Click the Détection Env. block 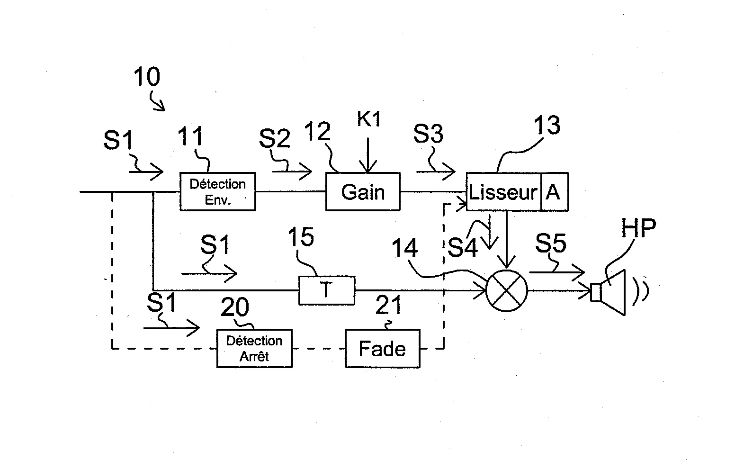click(x=217, y=191)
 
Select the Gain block click(x=363, y=191)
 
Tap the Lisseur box click(x=503, y=192)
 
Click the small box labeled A click(x=554, y=192)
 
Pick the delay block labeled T click(x=326, y=290)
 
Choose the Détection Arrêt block click(x=254, y=348)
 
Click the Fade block click(x=382, y=349)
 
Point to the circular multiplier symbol click(x=507, y=290)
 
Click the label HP click(x=638, y=229)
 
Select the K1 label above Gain click(x=368, y=119)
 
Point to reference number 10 click(x=147, y=77)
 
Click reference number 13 click(x=547, y=125)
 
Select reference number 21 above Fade click(x=388, y=305)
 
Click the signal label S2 click(x=274, y=138)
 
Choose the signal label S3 click(x=428, y=134)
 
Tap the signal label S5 click(x=551, y=244)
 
